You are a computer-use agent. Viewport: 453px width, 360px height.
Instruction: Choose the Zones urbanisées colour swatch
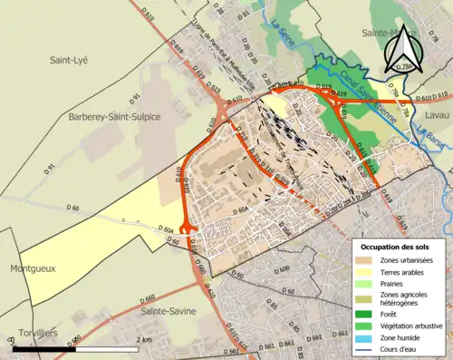click(x=366, y=261)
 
